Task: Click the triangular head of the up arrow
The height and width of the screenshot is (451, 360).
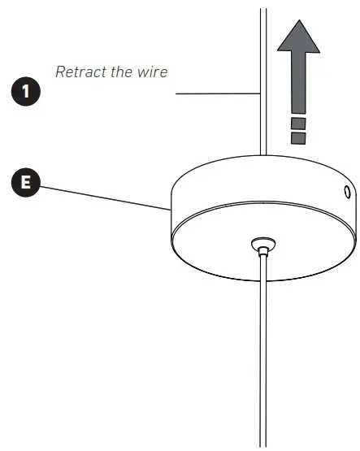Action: (298, 37)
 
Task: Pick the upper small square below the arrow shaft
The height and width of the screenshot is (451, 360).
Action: (298, 124)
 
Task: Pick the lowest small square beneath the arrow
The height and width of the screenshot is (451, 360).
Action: (298, 138)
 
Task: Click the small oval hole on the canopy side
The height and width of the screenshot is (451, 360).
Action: (346, 193)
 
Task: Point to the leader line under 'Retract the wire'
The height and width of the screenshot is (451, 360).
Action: (215, 94)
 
